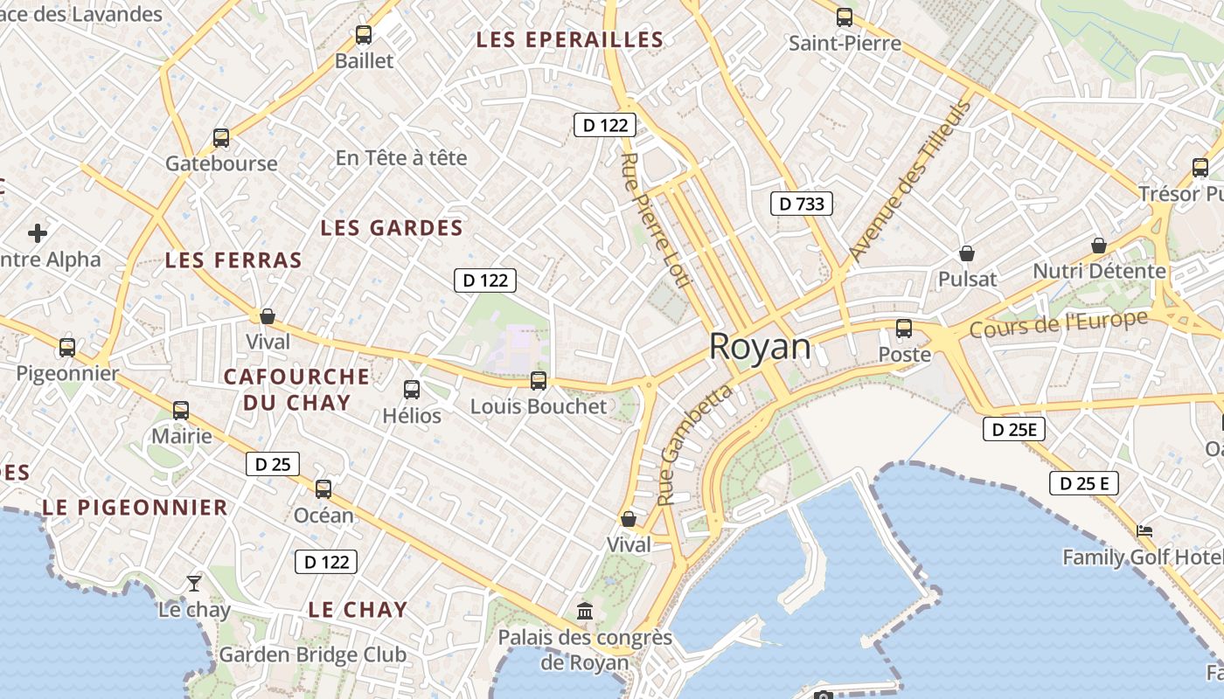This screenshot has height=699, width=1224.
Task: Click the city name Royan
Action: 760,347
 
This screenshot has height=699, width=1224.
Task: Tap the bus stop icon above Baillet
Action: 364,35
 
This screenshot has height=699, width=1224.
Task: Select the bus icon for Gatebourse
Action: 221,138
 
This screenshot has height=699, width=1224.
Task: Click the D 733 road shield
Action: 801,204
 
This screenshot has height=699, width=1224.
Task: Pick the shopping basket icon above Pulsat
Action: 967,253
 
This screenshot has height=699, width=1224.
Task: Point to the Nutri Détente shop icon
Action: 1099,246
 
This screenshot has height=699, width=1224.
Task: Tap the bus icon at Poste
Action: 904,329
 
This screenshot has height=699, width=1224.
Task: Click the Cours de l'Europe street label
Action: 1058,325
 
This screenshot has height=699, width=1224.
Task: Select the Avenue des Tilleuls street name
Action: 910,181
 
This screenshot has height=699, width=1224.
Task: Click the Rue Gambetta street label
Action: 694,446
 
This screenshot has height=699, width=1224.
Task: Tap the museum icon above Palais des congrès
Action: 585,611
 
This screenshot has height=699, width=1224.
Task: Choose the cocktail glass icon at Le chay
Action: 194,583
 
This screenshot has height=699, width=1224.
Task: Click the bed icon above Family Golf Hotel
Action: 1144,530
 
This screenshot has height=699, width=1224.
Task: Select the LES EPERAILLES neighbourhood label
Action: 569,40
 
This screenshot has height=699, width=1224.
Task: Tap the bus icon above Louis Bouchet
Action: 539,380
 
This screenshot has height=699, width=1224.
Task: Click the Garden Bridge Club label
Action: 312,654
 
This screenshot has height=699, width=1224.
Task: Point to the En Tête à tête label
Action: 401,158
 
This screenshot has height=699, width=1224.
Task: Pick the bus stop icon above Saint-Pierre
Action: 845,17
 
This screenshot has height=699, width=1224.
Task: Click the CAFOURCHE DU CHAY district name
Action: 296,390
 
